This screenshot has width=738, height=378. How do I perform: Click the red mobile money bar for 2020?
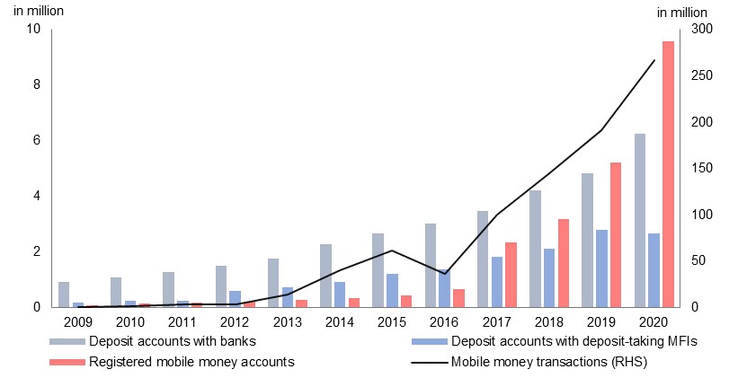coord(668,174)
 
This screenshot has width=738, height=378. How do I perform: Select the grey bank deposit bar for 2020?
coord(640,220)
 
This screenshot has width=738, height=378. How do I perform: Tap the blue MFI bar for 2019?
coord(600,268)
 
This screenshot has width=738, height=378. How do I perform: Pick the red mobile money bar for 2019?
coord(615,234)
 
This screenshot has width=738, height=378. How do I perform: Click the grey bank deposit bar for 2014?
coord(325,275)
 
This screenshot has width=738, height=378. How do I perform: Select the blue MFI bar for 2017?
coord(496,282)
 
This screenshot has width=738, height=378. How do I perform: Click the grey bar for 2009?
coord(64,294)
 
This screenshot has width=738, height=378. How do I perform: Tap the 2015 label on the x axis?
coord(392,321)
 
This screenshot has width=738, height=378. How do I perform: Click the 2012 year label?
coord(235,321)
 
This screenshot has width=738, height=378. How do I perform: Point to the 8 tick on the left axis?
coord(36,84)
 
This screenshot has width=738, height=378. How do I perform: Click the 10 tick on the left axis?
coord(34,29)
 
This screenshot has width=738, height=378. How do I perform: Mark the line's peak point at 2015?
coord(392,251)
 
